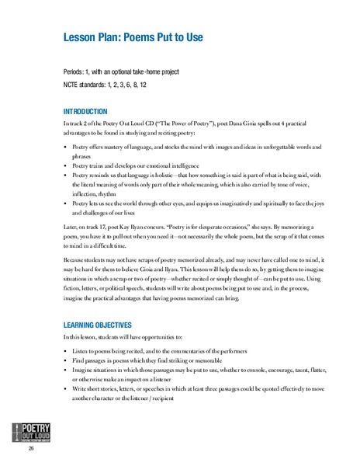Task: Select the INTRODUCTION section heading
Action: click(x=86, y=112)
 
